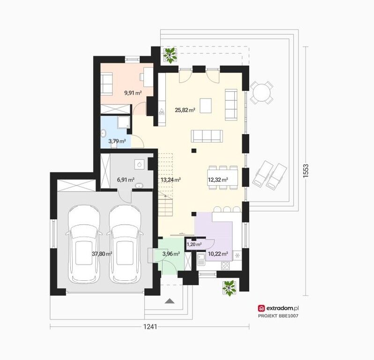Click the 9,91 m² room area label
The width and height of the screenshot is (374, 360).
pos(133,92)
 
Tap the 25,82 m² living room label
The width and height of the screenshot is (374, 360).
pos(185,110)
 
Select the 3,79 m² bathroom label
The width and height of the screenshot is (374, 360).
pos(117,141)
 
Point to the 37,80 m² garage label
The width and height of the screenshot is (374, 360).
pos(102,254)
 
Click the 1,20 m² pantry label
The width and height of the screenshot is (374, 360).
pos(194,244)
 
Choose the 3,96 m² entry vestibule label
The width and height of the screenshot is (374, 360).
pos(171,254)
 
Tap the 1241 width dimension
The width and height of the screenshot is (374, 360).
pos(150,326)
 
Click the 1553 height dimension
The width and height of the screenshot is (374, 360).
pos(306,170)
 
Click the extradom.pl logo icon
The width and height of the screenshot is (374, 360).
pos(261,308)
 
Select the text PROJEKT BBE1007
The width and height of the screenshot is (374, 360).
pos(278,316)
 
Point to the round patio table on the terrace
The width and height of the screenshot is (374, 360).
pos(262,92)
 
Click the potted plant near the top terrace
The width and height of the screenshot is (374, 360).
pos(170,55)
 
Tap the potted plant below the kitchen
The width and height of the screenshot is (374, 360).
pos(229,288)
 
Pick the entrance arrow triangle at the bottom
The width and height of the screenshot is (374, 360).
pos(170,301)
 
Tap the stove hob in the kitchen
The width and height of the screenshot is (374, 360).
pos(225,265)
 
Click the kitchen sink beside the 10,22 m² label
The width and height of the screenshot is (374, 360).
pos(201,260)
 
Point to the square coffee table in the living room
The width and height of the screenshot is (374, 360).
pos(206,105)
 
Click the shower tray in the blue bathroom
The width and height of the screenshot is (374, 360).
pos(124,122)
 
